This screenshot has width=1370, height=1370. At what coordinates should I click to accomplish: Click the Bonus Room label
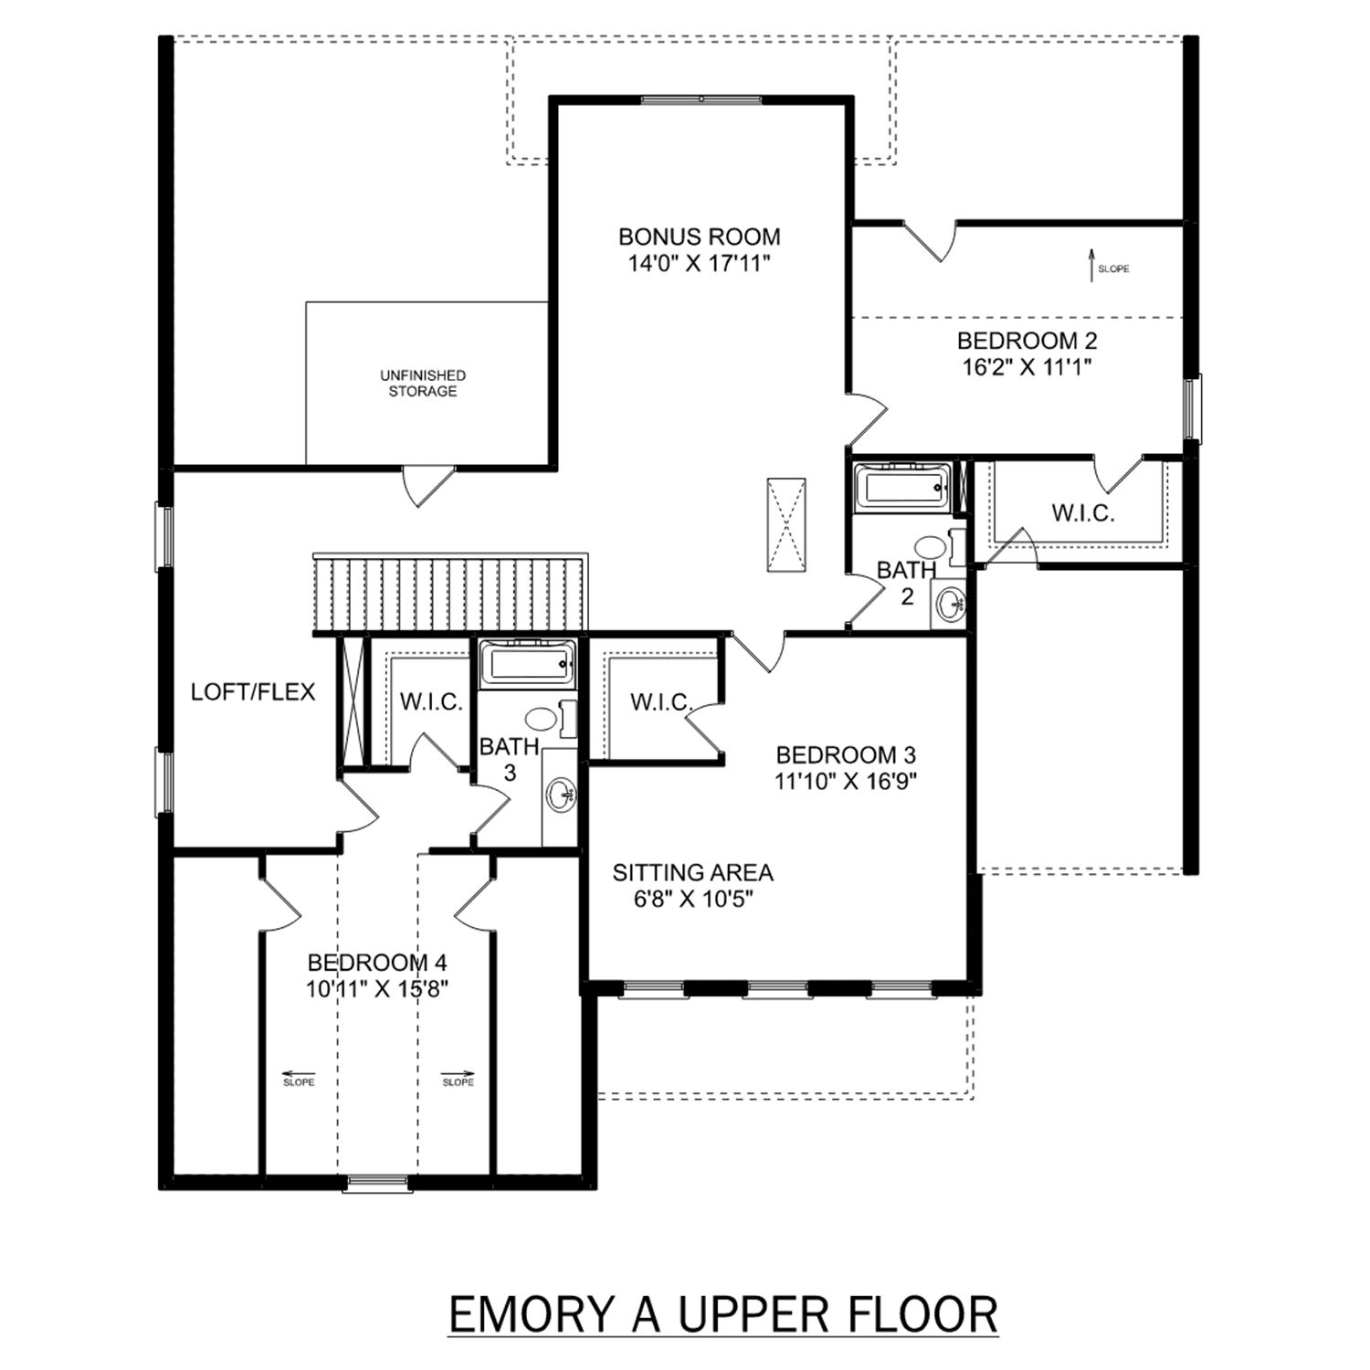tap(700, 237)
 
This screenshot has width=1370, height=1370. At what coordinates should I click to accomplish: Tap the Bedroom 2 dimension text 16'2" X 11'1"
tap(1027, 367)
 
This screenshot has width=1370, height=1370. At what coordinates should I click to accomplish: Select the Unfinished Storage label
tap(423, 383)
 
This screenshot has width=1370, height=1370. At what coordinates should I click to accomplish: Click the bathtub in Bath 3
tap(529, 663)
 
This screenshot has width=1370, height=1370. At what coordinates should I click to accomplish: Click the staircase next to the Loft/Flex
tap(449, 593)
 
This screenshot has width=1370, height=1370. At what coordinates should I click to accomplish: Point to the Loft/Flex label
tap(253, 691)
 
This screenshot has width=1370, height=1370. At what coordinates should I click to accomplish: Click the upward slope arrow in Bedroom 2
tap(1091, 266)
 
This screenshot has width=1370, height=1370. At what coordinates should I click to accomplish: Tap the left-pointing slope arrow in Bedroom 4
tap(290, 1074)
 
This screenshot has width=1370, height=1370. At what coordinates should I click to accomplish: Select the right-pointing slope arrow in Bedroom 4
tap(458, 1074)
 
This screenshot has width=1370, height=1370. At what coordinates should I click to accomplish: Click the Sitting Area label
tap(692, 873)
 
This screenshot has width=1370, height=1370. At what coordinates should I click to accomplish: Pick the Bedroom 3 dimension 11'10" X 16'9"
tap(846, 782)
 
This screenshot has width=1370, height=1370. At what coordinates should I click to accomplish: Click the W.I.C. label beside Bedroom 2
tap(1082, 513)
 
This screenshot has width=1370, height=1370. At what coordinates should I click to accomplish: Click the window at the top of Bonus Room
tap(701, 100)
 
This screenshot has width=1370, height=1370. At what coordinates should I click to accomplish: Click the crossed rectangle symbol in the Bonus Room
tap(785, 523)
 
